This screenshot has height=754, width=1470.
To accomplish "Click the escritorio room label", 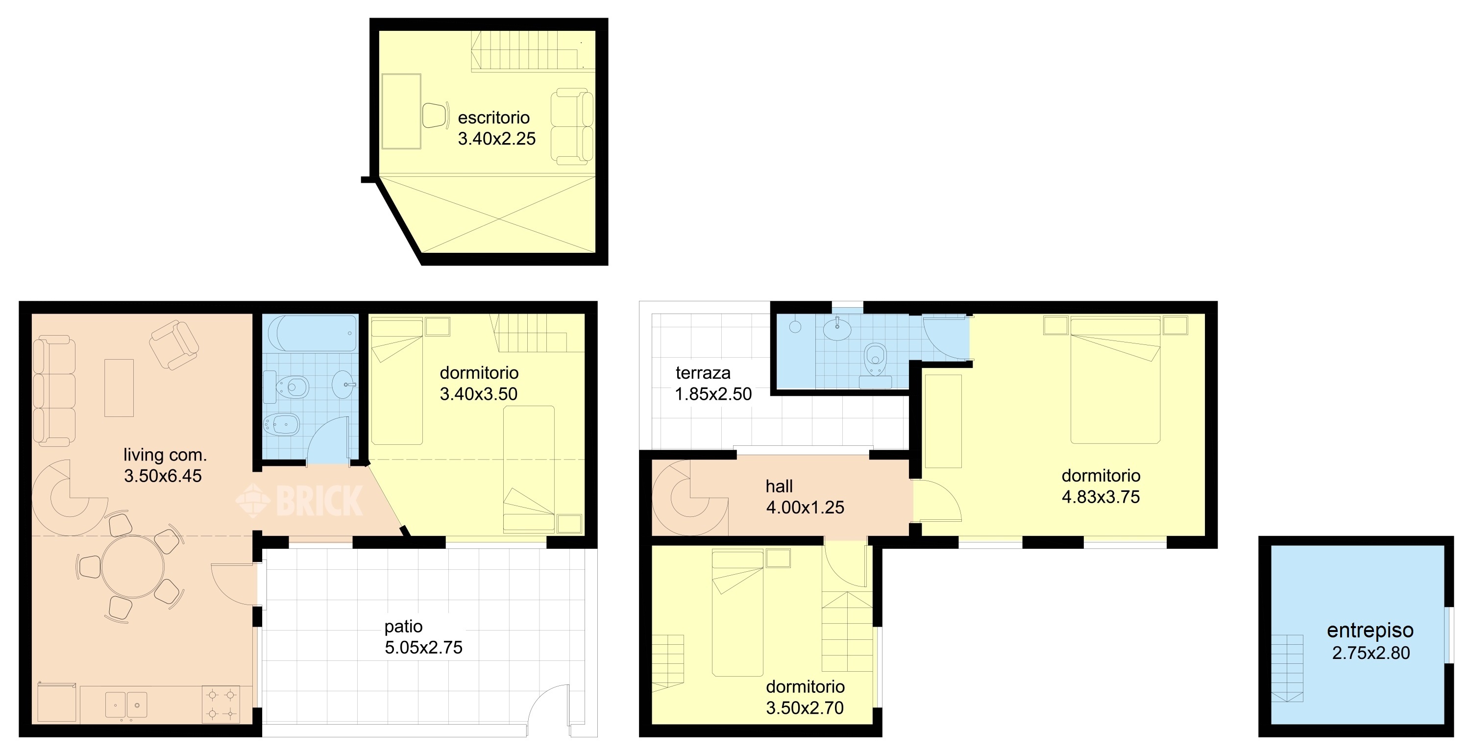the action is tap(493, 118).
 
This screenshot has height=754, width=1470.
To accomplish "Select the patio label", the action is tap(403, 627).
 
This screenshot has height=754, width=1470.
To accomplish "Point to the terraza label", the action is tap(703, 373).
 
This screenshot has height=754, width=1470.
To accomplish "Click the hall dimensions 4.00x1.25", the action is tap(805, 507).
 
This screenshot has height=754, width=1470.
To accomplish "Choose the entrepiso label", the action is tap(1370, 630).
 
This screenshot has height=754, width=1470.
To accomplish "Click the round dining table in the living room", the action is tap(133, 567).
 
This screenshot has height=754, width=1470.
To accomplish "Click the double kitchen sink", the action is tap(126, 705).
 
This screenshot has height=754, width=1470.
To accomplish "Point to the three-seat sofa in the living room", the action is tap(53, 391).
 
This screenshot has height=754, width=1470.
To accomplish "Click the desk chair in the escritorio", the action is tap(435, 115).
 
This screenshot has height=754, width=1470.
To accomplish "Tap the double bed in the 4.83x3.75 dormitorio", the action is tap(1115, 381).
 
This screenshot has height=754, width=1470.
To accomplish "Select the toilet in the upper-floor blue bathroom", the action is tap(875, 359).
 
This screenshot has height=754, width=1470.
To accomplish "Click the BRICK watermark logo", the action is tap(299, 501).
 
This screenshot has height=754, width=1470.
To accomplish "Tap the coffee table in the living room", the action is tap(119, 388).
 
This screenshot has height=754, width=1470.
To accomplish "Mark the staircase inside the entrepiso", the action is tap(1287, 668).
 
